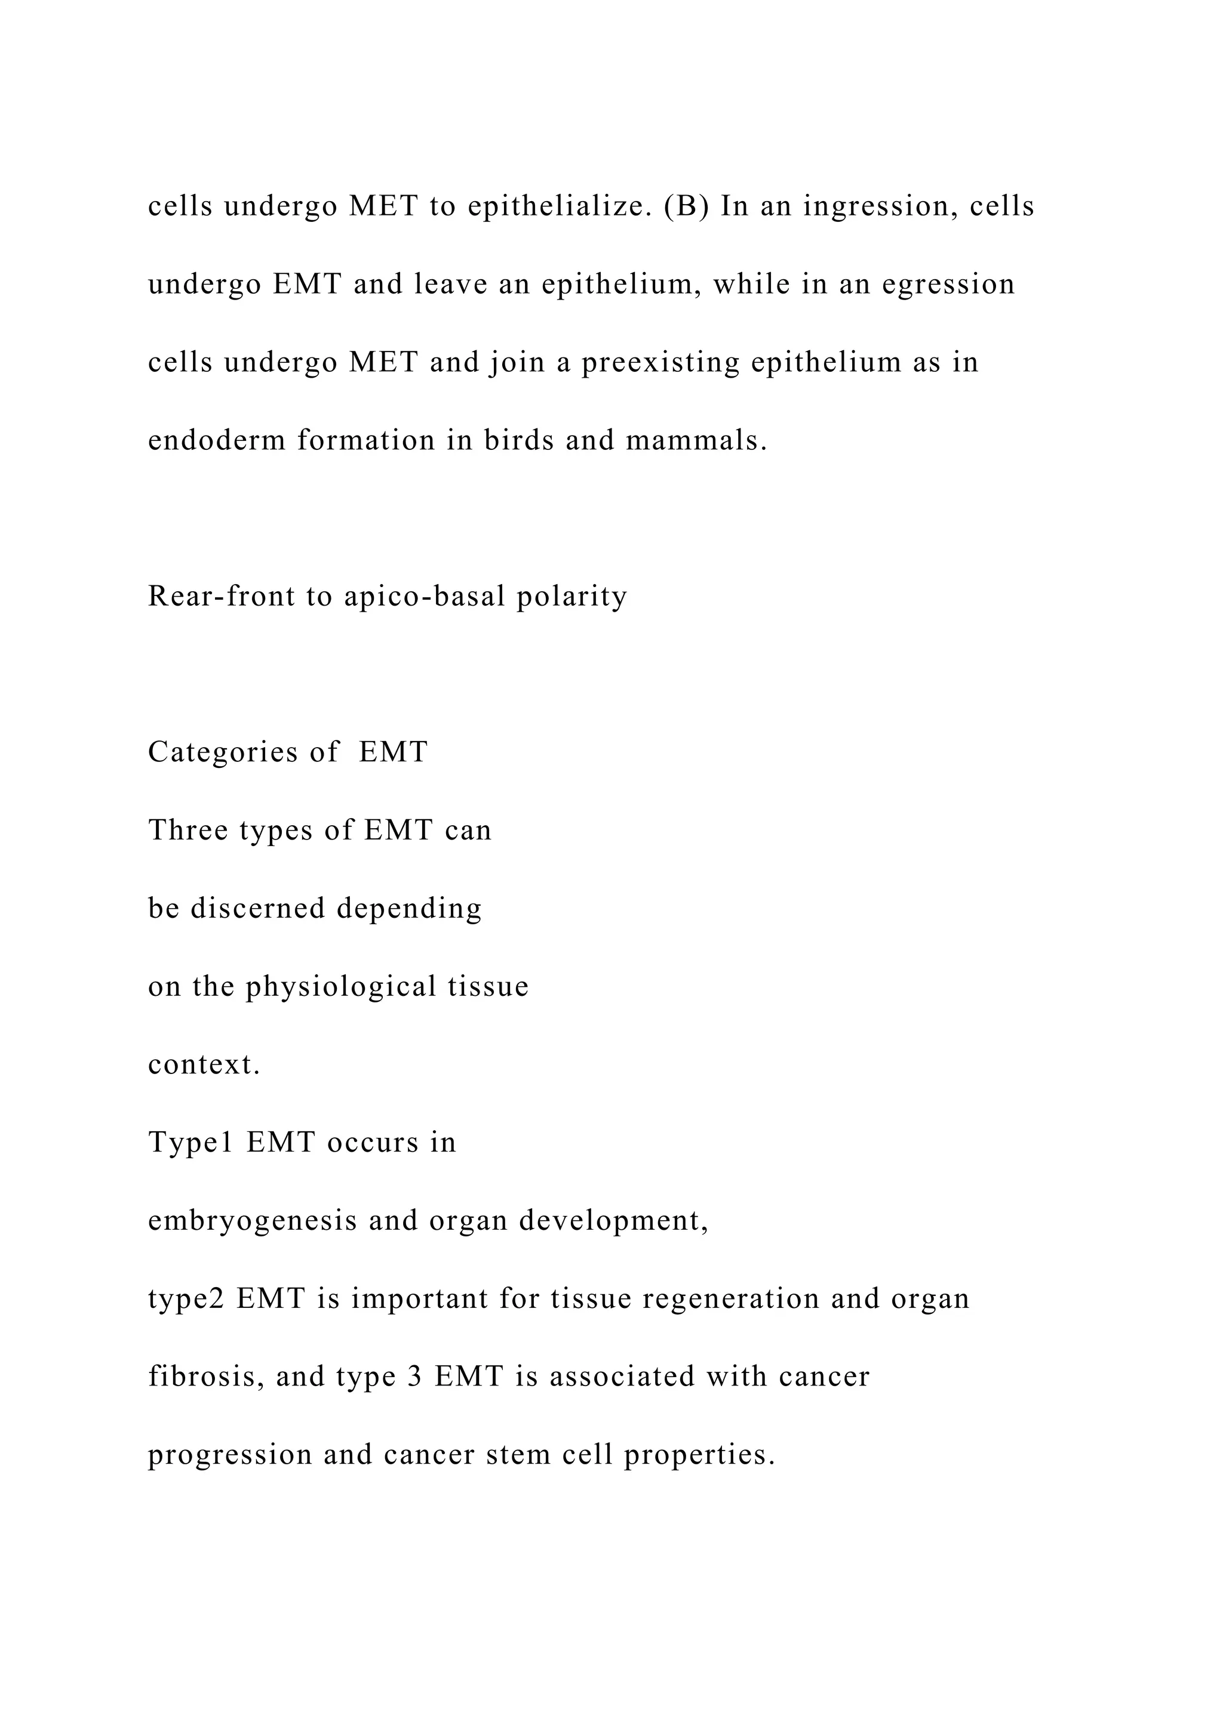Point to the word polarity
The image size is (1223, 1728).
click(571, 596)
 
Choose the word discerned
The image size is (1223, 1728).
click(257, 908)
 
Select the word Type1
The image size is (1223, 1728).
click(191, 1143)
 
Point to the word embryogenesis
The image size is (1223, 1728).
click(252, 1221)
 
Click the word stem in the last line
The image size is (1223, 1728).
click(518, 1455)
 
